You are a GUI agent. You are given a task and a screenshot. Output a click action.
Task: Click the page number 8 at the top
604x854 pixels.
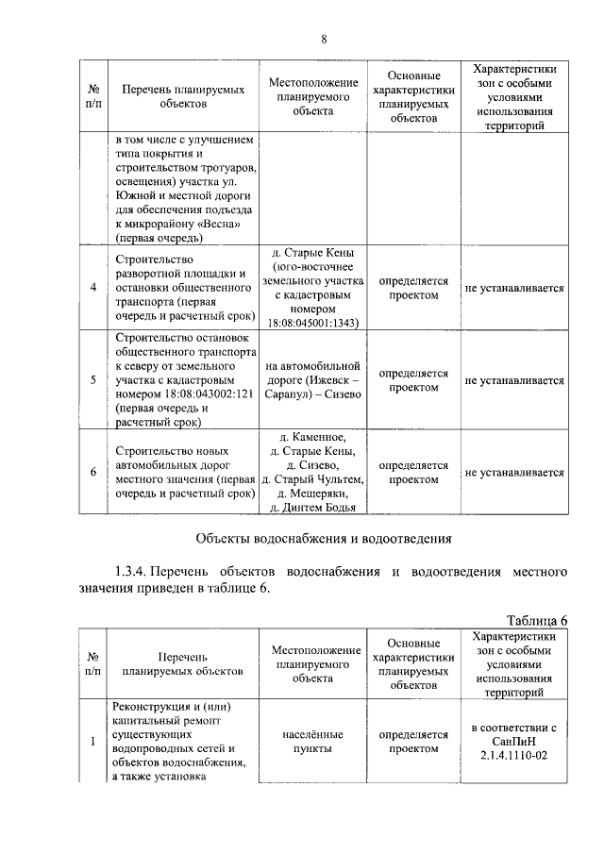click(x=324, y=39)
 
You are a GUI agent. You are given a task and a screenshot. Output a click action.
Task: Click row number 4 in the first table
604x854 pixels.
click(x=92, y=288)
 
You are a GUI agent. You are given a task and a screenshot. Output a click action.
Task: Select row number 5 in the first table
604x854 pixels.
click(x=92, y=380)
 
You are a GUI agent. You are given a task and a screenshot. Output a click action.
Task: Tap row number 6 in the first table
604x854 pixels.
click(x=92, y=473)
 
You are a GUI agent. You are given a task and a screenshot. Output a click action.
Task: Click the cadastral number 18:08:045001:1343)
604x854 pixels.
click(x=310, y=322)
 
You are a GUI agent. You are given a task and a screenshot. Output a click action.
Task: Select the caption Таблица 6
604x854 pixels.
click(x=536, y=620)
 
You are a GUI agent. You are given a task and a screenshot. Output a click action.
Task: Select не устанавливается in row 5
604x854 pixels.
click(x=513, y=380)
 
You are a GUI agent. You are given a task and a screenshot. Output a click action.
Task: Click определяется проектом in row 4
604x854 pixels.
click(x=413, y=288)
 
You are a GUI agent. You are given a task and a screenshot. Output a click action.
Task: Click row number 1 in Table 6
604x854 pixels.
click(x=92, y=742)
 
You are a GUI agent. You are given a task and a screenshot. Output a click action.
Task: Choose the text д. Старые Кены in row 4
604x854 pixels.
click(x=311, y=253)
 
